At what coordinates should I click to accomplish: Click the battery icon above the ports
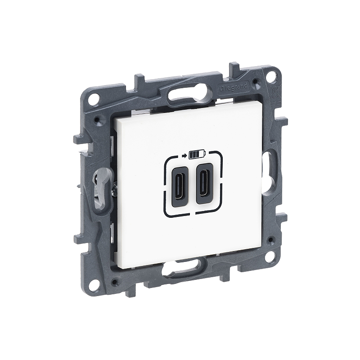[197, 155]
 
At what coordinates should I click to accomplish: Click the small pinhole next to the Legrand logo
[256, 82]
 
